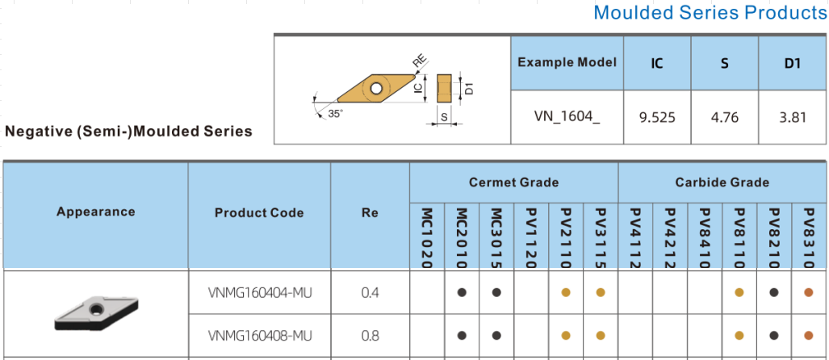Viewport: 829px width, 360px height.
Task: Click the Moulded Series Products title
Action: pyautogui.click(x=710, y=12)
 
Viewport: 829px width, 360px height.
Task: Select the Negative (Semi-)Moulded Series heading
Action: pyautogui.click(x=128, y=132)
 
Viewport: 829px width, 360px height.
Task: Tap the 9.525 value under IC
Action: pyautogui.click(x=657, y=117)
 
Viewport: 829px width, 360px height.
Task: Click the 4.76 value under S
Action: pyautogui.click(x=724, y=117)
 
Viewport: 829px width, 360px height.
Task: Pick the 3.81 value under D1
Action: pyautogui.click(x=793, y=117)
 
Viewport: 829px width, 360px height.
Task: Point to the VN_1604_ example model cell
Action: pyautogui.click(x=567, y=117)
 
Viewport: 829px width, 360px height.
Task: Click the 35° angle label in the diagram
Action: pyautogui.click(x=335, y=113)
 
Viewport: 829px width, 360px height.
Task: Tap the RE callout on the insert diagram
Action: pyautogui.click(x=420, y=62)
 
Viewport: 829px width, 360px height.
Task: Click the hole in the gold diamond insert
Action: pyautogui.click(x=376, y=88)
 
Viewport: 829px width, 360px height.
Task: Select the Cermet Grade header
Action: pyautogui.click(x=513, y=182)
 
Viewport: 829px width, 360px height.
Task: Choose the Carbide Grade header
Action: pyautogui.click(x=722, y=182)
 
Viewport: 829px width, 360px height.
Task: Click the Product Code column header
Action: pyautogui.click(x=259, y=212)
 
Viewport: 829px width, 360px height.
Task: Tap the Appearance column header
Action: pyautogui.click(x=96, y=211)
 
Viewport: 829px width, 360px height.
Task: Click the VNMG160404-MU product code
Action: pyautogui.click(x=260, y=292)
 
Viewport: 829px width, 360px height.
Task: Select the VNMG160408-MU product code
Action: pyautogui.click(x=260, y=336)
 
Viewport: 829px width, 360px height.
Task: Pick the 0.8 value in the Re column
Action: pyautogui.click(x=370, y=336)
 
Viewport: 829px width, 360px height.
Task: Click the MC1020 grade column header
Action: pyautogui.click(x=428, y=238)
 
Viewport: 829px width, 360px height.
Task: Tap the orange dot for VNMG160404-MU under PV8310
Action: pyautogui.click(x=808, y=292)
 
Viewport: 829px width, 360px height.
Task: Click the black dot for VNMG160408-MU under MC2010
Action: pyautogui.click(x=462, y=335)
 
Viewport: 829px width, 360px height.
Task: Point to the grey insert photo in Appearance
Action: pyautogui.click(x=97, y=313)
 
